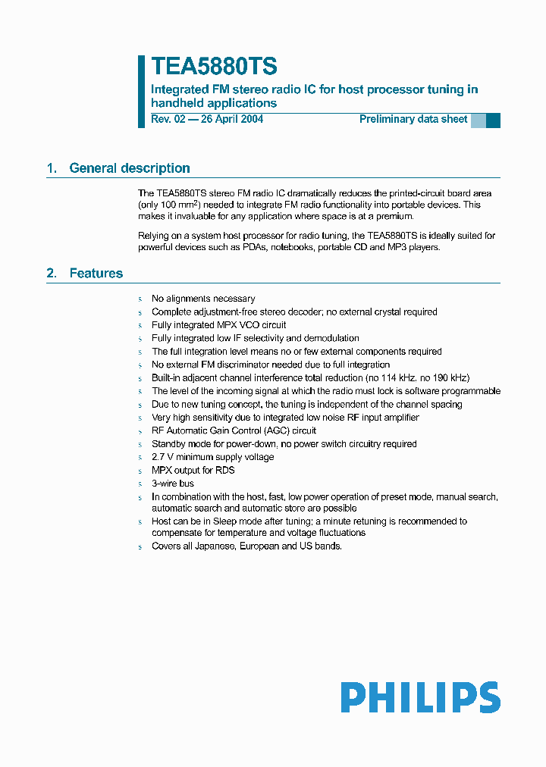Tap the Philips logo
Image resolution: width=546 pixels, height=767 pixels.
pyautogui.click(x=419, y=697)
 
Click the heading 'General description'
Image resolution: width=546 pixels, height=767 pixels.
pyautogui.click(x=130, y=168)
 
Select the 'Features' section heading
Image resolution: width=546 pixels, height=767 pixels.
pyautogui.click(x=96, y=273)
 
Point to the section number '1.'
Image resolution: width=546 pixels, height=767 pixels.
pyautogui.click(x=52, y=168)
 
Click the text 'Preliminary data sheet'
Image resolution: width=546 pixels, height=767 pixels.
pyautogui.click(x=413, y=119)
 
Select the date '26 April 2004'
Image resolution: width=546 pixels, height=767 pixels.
pyautogui.click(x=231, y=119)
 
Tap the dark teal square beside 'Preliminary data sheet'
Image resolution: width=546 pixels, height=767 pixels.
pyautogui.click(x=493, y=120)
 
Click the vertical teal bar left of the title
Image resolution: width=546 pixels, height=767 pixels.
pyautogui.click(x=141, y=91)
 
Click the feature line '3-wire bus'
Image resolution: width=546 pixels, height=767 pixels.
pyautogui.click(x=173, y=484)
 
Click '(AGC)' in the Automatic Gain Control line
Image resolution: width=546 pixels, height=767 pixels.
pyautogui.click(x=278, y=430)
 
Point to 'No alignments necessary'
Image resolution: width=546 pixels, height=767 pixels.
pyautogui.click(x=203, y=299)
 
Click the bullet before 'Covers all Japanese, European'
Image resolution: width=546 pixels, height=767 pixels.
pyautogui.click(x=140, y=546)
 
